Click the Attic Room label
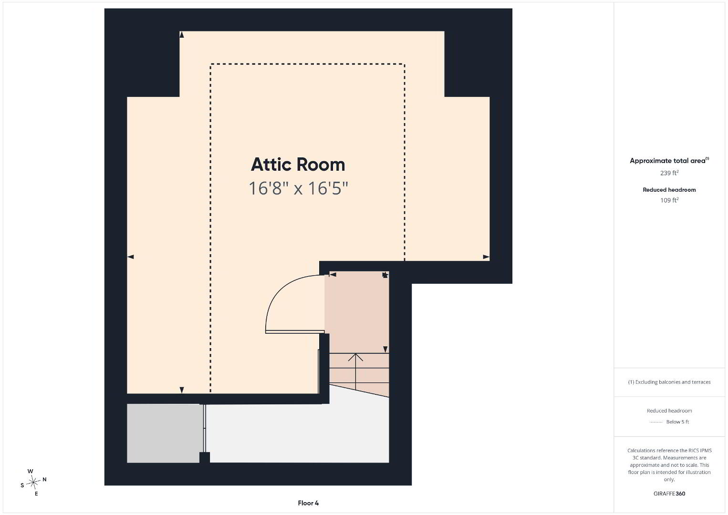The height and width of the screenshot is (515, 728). pyautogui.click(x=298, y=165)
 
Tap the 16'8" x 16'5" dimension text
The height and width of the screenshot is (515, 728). pyautogui.click(x=298, y=188)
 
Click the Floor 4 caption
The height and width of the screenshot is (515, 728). pyautogui.click(x=308, y=503)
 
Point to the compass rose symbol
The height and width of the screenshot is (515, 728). pyautogui.click(x=33, y=483)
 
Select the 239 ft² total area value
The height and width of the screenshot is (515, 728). pyautogui.click(x=669, y=173)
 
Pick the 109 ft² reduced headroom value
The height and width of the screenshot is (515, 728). pyautogui.click(x=669, y=200)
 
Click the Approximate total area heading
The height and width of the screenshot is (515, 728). pyautogui.click(x=669, y=161)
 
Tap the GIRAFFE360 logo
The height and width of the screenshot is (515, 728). pyautogui.click(x=669, y=494)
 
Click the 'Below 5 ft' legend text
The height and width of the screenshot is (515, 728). pyautogui.click(x=677, y=422)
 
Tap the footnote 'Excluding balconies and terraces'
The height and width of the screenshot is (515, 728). pyautogui.click(x=669, y=382)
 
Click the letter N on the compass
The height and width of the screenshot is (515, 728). pyautogui.click(x=44, y=479)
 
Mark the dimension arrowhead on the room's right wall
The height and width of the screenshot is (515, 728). pyautogui.click(x=486, y=257)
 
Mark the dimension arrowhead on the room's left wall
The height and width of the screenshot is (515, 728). pyautogui.click(x=130, y=257)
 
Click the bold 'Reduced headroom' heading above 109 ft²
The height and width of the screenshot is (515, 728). pyautogui.click(x=669, y=190)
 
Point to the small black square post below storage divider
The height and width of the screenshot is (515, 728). pyautogui.click(x=205, y=457)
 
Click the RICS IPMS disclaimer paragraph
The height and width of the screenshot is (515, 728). pyautogui.click(x=669, y=465)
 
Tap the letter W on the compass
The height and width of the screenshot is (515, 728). pyautogui.click(x=30, y=471)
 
